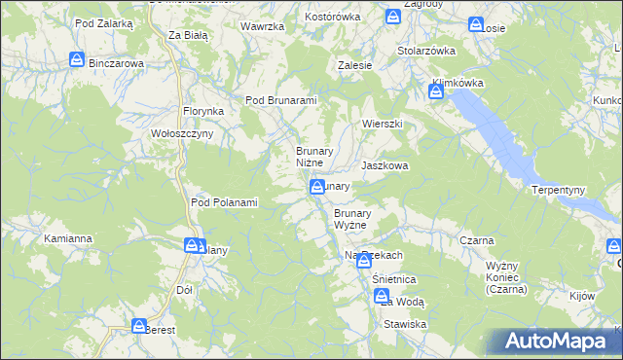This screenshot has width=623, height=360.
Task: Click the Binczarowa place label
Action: pyautogui.click(x=116, y=63)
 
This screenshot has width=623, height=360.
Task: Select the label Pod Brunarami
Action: pyautogui.click(x=282, y=100)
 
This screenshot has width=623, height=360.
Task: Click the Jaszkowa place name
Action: pyautogui.click(x=385, y=166)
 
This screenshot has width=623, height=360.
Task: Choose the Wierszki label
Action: pyautogui.click(x=383, y=125)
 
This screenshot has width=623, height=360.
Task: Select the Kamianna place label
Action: pyautogui.click(x=68, y=238)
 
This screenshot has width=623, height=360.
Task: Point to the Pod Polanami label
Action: pyautogui.click(x=224, y=202)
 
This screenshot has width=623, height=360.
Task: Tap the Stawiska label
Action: pyautogui.click(x=405, y=324)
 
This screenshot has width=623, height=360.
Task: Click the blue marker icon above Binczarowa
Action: pyautogui.click(x=77, y=60)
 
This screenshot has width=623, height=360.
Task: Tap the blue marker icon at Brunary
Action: pyautogui.click(x=317, y=187)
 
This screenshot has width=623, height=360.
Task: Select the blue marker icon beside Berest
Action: pyautogui.click(x=138, y=326)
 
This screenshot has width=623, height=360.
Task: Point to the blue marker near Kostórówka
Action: pyautogui.click(x=392, y=17)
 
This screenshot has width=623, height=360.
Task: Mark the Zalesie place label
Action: pyautogui.click(x=355, y=65)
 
